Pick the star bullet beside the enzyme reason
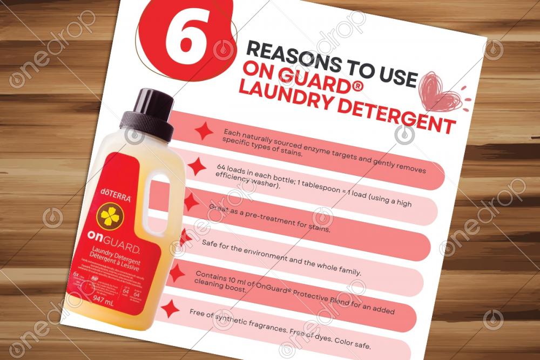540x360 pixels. click(x=202, y=131)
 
